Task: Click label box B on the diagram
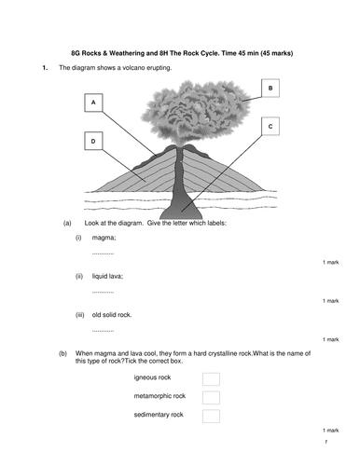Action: pyautogui.click(x=270, y=89)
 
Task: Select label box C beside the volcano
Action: pyautogui.click(x=270, y=125)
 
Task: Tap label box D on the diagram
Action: pyautogui.click(x=93, y=141)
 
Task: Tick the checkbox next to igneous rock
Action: pyautogui.click(x=211, y=378)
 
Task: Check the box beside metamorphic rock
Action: pyautogui.click(x=211, y=397)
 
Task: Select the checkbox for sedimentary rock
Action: pyautogui.click(x=211, y=416)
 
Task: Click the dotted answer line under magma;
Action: pyautogui.click(x=103, y=253)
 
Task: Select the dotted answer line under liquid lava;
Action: pyautogui.click(x=103, y=291)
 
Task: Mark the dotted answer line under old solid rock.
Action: pyautogui.click(x=103, y=330)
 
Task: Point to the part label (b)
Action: pyautogui.click(x=67, y=353)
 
